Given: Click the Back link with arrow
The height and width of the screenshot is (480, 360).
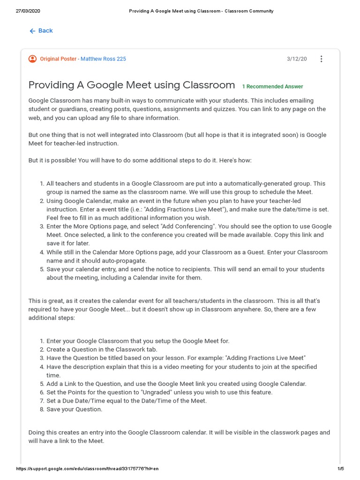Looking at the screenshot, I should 41,31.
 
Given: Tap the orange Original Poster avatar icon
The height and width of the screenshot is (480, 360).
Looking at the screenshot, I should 32,59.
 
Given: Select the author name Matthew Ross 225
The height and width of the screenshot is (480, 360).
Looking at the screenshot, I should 103,59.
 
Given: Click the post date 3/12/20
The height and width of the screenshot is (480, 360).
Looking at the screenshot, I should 297,59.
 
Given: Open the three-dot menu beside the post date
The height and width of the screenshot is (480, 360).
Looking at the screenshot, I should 321,59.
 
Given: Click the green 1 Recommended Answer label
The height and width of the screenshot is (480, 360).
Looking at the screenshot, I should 272,87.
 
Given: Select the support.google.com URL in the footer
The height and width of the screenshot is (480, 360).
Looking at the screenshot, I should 87,469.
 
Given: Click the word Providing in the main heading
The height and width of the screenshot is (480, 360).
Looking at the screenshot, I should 51,85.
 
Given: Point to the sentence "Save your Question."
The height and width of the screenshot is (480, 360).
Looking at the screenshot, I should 74,409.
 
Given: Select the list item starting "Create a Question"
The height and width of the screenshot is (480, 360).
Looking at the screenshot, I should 102,350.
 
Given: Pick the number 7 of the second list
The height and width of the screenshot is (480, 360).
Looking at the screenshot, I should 42,401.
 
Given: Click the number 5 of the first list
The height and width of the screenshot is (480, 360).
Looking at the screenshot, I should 42,270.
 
